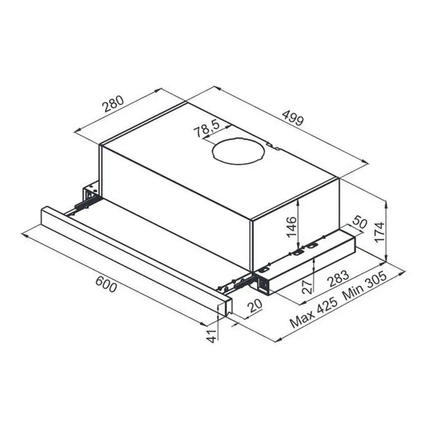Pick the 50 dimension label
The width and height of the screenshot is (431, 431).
[359, 225]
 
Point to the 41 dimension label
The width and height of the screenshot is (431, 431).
[212, 335]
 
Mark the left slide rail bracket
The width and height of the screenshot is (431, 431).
[88, 196]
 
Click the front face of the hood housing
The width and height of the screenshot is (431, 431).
[175, 197]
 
